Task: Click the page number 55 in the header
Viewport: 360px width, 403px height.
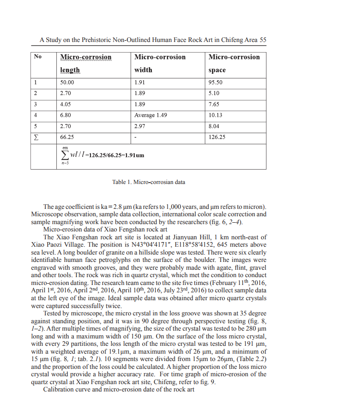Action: pos(262,40)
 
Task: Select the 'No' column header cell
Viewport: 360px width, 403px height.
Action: pos(38,57)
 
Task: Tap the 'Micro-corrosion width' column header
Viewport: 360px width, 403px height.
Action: pos(160,63)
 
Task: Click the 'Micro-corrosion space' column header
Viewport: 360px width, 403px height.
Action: pos(234,63)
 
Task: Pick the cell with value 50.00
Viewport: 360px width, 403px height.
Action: pos(67,83)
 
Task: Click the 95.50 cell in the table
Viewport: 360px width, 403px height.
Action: pos(216,83)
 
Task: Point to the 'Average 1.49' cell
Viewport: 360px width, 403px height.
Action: pos(151,115)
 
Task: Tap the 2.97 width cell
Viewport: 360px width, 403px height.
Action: pos(139,126)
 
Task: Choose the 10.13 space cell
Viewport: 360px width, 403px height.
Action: pos(216,115)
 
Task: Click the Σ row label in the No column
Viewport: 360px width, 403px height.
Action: pos(36,137)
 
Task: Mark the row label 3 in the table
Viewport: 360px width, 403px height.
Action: pos(35,104)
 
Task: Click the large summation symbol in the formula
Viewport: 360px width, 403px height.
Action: pos(65,155)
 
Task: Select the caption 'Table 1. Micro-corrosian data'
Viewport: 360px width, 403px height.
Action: pos(149,182)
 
